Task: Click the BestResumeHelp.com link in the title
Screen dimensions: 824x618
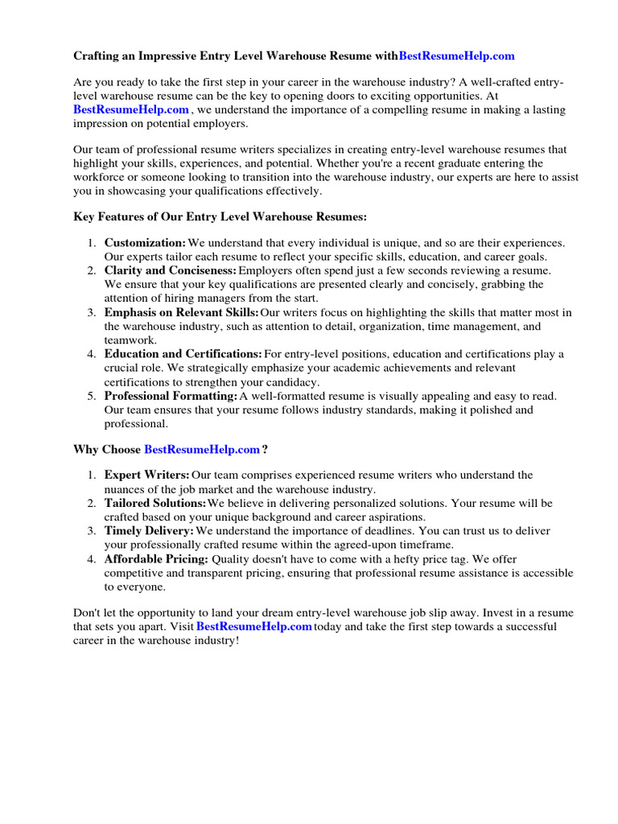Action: (456, 56)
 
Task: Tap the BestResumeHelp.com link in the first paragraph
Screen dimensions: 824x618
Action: (131, 109)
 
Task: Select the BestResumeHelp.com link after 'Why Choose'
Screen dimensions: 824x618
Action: (201, 449)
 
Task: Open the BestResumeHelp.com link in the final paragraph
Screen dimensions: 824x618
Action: (253, 627)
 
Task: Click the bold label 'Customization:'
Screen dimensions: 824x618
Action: (145, 243)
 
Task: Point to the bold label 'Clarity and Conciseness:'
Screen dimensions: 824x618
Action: (171, 270)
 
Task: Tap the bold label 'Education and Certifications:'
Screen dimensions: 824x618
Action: (183, 354)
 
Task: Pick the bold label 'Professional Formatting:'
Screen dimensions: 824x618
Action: (171, 396)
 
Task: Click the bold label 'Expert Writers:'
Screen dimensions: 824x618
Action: (147, 476)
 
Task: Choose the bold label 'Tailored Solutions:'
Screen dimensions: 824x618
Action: (155, 503)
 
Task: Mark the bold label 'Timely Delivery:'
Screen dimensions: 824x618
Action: (149, 531)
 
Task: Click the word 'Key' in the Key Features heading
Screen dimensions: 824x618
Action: (84, 216)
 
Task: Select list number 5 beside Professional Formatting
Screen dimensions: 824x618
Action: (92, 396)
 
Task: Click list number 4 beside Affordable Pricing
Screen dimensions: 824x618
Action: (92, 558)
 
